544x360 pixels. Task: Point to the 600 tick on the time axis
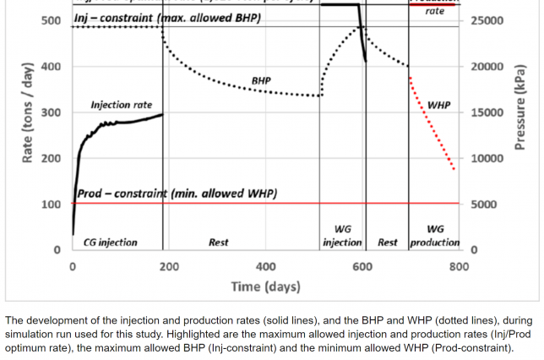point(362,266)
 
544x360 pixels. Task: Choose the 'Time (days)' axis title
point(265,286)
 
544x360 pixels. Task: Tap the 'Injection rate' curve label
point(122,105)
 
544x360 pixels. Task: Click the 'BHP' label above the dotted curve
point(261,81)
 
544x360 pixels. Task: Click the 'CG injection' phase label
point(110,243)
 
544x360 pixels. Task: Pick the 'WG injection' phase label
point(342,236)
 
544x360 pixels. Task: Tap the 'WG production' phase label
point(435,236)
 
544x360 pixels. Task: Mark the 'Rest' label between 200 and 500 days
point(219,243)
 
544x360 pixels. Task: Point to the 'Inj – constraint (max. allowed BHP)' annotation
point(167,18)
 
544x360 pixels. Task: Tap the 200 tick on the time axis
point(169,266)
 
